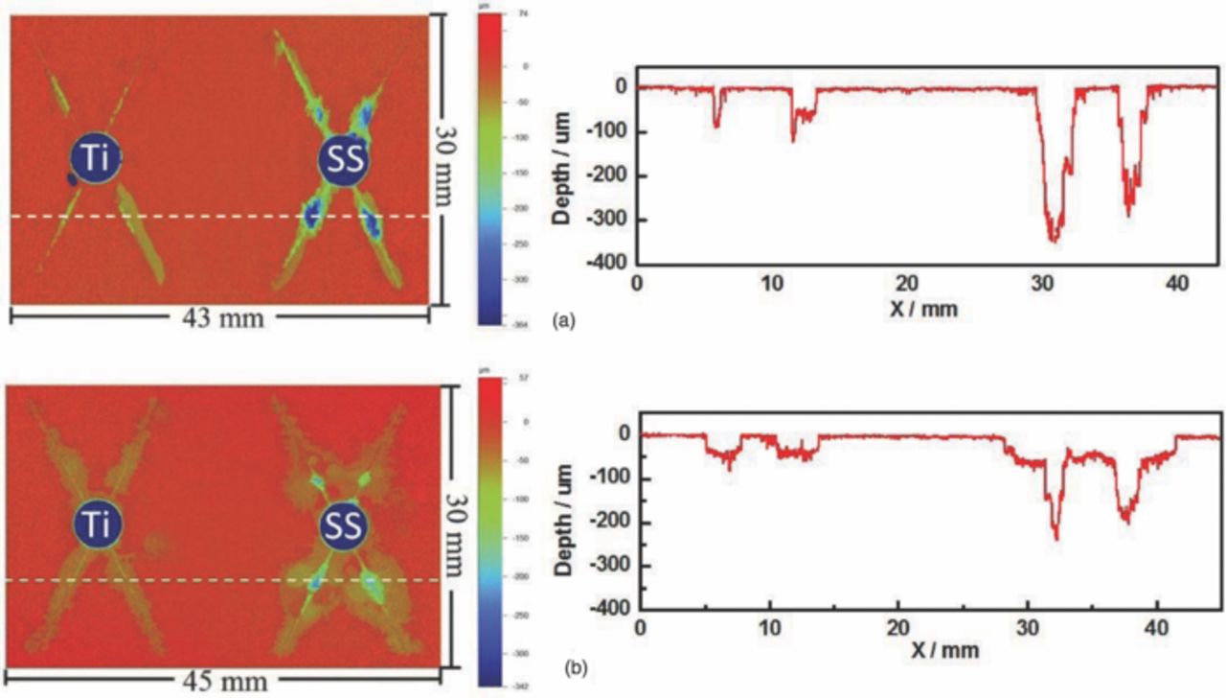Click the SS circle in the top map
(344, 164)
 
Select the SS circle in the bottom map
(343, 525)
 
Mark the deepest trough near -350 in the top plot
(1054, 240)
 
